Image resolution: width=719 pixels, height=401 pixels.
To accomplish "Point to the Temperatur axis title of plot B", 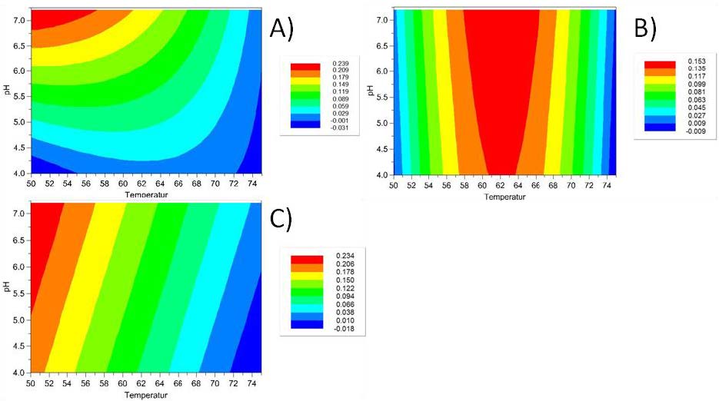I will tap(504, 197).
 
